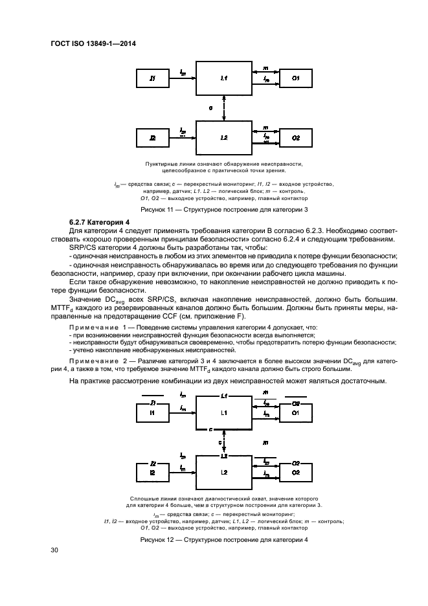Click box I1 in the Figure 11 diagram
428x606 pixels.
click(153, 79)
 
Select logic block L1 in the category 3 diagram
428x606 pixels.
click(223, 79)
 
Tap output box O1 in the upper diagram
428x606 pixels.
click(295, 79)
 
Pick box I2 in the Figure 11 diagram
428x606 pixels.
click(153, 139)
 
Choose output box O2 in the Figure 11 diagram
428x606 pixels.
click(295, 139)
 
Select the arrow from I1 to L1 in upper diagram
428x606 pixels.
click(183, 79)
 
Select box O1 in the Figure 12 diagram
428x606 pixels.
click(295, 412)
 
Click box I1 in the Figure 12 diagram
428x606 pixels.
click(153, 412)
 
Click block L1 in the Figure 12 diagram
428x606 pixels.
click(223, 412)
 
